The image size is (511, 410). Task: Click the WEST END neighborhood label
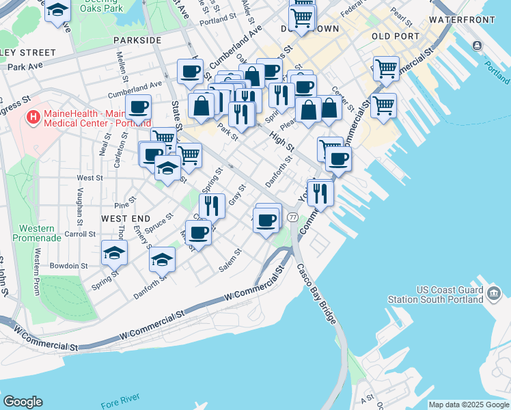point(125,218)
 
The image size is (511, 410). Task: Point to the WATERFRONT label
point(461,20)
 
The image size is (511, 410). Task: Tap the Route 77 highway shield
point(292,217)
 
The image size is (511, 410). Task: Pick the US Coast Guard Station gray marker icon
point(494,295)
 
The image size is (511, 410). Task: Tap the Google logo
point(23,402)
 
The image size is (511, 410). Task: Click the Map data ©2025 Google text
point(468,405)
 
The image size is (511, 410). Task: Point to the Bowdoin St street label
point(64,265)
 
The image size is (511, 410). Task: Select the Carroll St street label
point(80,234)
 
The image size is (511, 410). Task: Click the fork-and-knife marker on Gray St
point(212,204)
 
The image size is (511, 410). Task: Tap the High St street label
point(281,142)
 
